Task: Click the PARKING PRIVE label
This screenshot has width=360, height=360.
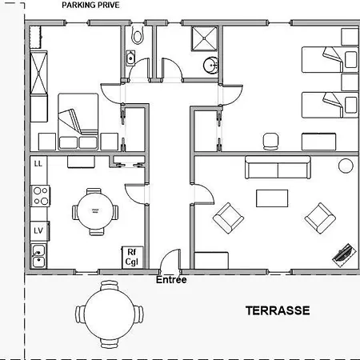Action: point(90,5)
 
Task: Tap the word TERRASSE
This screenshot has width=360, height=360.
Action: point(278,310)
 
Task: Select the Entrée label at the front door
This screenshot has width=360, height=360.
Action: point(171,280)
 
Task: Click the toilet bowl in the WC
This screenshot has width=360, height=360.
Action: point(138,34)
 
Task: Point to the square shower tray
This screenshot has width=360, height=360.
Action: point(204,38)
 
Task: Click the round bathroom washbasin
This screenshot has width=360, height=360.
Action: point(211,65)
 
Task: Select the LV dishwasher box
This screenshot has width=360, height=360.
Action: point(39,231)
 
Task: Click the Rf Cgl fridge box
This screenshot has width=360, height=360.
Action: point(132,258)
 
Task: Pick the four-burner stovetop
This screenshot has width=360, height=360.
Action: point(41,196)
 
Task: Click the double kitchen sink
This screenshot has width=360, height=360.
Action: point(38,256)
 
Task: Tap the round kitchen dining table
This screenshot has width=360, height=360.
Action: point(95,211)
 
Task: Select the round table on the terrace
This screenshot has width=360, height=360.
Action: point(110,314)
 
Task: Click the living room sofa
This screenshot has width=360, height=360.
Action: point(278,167)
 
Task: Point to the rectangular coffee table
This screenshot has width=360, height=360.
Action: point(272,198)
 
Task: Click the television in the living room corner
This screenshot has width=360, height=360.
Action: point(344,255)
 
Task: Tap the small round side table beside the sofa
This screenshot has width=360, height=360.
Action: point(346,166)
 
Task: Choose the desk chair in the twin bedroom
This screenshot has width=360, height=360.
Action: point(271,142)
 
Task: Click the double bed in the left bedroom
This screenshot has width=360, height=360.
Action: point(78,122)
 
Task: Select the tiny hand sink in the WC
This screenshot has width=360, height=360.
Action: point(130,58)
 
